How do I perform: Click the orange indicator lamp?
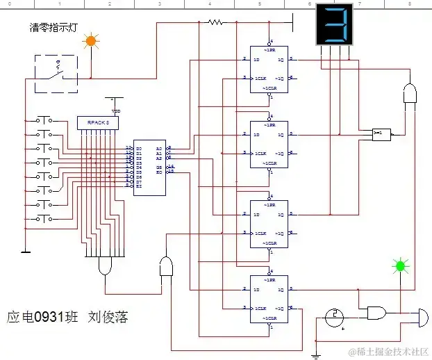coord(90,42)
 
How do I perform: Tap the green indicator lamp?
coord(400,265)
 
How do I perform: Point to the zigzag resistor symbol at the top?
coord(216,22)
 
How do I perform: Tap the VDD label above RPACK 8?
coord(116,111)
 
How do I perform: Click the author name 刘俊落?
coord(108,316)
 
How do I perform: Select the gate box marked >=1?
coord(381,134)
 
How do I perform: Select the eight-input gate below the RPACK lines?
coord(106,265)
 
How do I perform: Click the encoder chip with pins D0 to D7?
coord(149,167)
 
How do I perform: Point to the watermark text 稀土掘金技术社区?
coord(388,352)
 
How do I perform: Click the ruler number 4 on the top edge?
coord(209,4)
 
